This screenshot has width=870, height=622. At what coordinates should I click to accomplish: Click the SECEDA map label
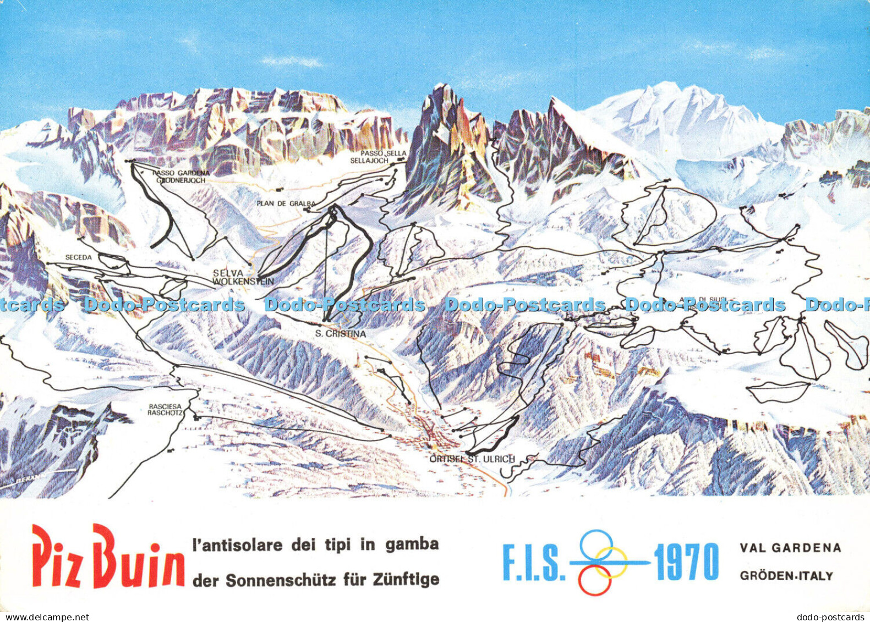(x=78, y=257)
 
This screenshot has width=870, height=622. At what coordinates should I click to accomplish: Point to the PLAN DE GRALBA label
(x=286, y=203)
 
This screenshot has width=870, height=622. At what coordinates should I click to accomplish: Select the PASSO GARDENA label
(x=181, y=173)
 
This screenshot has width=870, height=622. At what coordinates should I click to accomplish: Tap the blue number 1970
(x=686, y=562)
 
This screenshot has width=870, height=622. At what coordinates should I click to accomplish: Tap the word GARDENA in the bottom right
(x=808, y=548)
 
